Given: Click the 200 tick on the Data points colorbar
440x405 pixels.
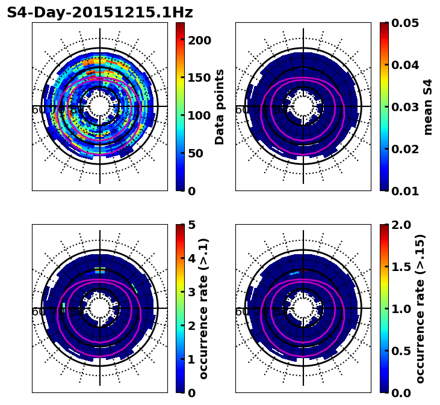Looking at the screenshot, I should pos(199,40).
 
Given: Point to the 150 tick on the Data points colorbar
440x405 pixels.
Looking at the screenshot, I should pos(199,78).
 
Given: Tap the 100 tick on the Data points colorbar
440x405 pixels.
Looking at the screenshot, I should pos(199,115).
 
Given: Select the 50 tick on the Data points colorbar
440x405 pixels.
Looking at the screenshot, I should pos(196,153).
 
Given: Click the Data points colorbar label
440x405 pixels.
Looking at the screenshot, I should pos(220,106).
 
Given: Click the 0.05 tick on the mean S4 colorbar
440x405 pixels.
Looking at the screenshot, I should pos(404,23).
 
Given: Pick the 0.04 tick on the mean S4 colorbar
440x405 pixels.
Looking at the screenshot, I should pos(404,65).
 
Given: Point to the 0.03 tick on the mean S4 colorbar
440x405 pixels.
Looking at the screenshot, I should pos(404,107).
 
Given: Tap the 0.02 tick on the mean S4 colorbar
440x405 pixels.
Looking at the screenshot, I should pos(404,149).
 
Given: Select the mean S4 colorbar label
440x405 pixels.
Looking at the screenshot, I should pos(428,106).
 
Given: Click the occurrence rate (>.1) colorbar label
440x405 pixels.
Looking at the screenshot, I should pos(203,308).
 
